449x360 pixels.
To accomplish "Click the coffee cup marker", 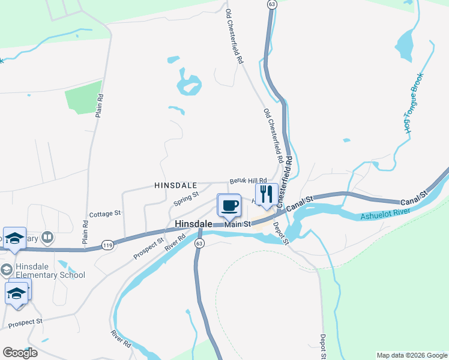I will pyautogui.click(x=229, y=206).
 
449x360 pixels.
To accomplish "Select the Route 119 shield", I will pyautogui.click(x=107, y=245).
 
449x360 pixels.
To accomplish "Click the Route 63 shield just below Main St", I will pyautogui.click(x=200, y=243).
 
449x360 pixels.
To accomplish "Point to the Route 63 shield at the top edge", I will pyautogui.click(x=272, y=4).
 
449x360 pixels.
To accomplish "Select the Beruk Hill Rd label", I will pyautogui.click(x=248, y=181).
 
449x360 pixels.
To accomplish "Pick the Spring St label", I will pyautogui.click(x=187, y=196).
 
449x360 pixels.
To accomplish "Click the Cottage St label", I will pyautogui.click(x=105, y=214).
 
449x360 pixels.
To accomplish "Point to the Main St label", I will pyautogui.click(x=238, y=224).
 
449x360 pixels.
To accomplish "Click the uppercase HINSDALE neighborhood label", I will pyautogui.click(x=176, y=186).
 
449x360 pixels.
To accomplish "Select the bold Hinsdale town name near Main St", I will pyautogui.click(x=193, y=224).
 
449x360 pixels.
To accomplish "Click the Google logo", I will pyautogui.click(x=20, y=353).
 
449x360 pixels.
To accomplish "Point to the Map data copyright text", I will pyautogui.click(x=411, y=355).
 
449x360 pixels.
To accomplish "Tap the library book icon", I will pyautogui.click(x=47, y=238).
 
